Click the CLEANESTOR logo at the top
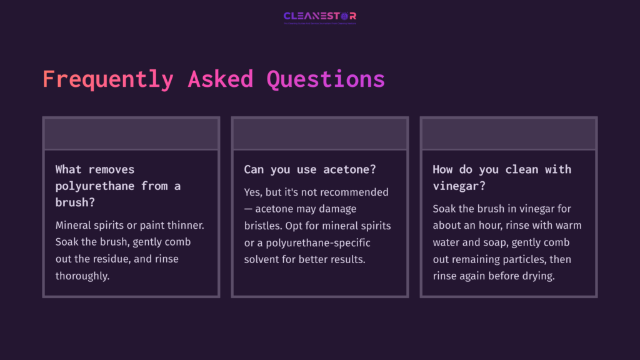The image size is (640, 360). pyautogui.click(x=319, y=16)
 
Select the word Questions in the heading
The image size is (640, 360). pyautogui.click(x=326, y=79)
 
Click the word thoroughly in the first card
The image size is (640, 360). pyautogui.click(x=82, y=276)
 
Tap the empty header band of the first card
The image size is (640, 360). pyautogui.click(x=131, y=134)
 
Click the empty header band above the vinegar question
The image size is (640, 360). pyautogui.click(x=509, y=134)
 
